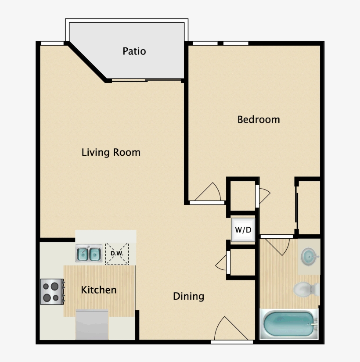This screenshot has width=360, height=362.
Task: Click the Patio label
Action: tap(134, 51)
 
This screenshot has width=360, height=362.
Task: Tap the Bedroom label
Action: tap(258, 119)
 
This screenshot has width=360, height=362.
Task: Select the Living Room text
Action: tap(111, 152)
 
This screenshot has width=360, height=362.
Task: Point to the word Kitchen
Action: tap(99, 290)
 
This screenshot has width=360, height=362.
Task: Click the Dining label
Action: tap(188, 296)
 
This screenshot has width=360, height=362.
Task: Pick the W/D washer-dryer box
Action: tap(243, 229)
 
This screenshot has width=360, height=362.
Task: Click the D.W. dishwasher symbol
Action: tap(116, 254)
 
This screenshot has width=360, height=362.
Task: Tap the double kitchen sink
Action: tap(89, 254)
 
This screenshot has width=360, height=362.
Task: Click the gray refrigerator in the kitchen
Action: tap(92, 325)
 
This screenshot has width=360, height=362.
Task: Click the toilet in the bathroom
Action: tap(306, 289)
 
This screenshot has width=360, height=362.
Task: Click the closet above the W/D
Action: tap(241, 197)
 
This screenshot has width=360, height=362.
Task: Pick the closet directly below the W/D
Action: tap(242, 263)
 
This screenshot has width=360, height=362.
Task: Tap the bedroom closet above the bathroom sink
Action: tap(309, 206)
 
